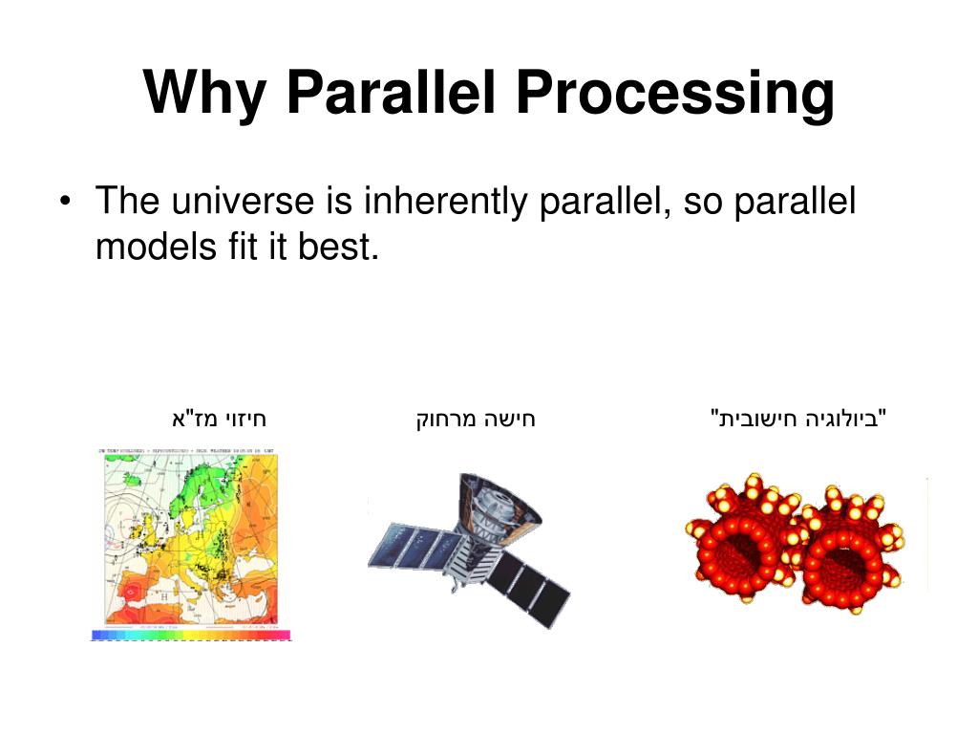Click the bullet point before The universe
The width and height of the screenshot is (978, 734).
[x=65, y=203]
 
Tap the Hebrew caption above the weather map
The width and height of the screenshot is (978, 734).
[x=218, y=419]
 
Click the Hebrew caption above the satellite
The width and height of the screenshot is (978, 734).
[x=476, y=419]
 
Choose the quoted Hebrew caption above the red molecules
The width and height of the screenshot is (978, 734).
[x=799, y=419]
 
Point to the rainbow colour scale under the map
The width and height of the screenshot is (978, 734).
[x=190, y=635]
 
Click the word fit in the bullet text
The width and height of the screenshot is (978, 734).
[x=239, y=248]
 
